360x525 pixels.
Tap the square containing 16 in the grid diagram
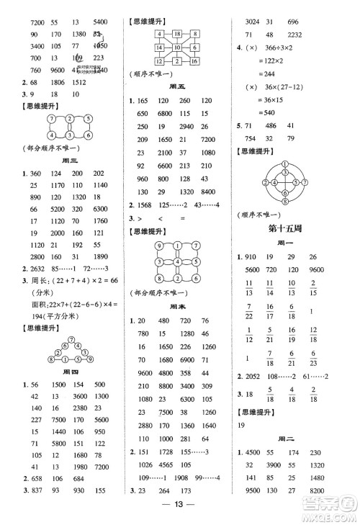click(195, 61)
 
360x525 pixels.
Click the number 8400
click(209, 212)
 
